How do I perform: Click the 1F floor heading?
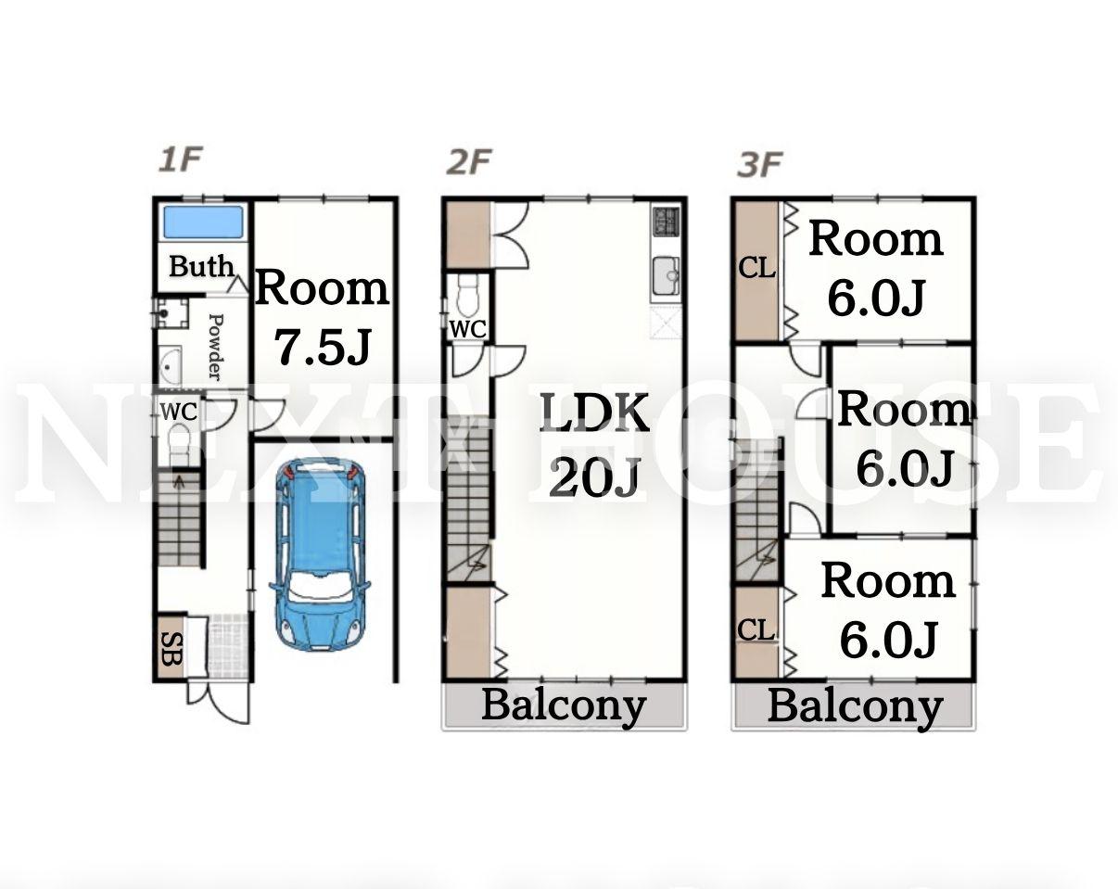click(180, 159)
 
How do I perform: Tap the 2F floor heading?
click(468, 161)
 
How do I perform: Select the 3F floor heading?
click(759, 165)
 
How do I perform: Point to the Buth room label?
click(201, 267)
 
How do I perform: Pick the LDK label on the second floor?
click(593, 413)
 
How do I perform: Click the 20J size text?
click(593, 476)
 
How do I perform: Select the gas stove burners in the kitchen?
click(666, 221)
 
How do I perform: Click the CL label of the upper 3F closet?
click(757, 269)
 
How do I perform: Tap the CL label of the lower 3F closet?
click(756, 631)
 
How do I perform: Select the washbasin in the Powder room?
click(170, 365)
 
